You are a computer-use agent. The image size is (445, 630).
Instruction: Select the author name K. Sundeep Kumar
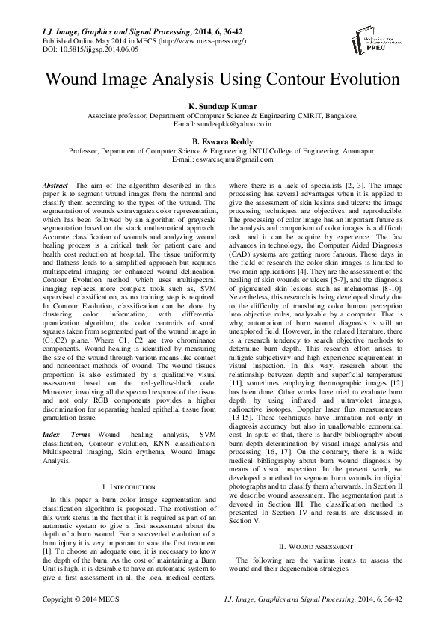[222, 107]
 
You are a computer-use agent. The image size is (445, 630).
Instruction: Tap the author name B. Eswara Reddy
[222, 141]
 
